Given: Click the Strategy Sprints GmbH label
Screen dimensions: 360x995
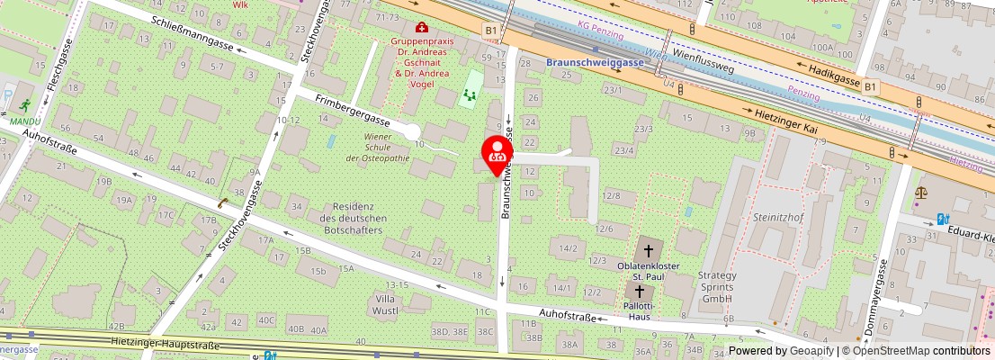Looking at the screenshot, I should click(718, 287).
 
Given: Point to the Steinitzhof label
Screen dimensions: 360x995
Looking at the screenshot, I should click(780, 217).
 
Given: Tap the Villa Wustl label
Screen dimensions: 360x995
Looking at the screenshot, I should click(385, 304).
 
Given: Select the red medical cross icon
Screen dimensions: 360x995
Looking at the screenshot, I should click(421, 29).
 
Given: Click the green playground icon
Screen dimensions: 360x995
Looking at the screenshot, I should click(468, 94).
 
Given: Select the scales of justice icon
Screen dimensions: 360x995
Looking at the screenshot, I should click(920, 192).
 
